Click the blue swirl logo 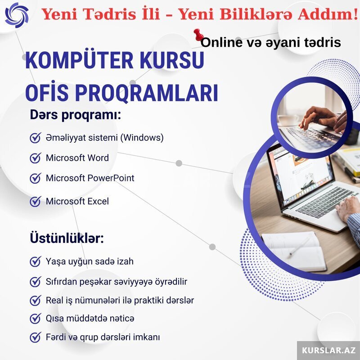point(17,15)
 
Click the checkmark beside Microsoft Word point(36,158)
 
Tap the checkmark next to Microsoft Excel point(36,201)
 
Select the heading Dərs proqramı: point(75,115)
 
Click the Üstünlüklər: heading point(67,238)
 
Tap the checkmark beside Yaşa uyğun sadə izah point(36,261)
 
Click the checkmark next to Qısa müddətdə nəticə point(36,319)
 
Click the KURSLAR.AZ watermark point(328,351)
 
